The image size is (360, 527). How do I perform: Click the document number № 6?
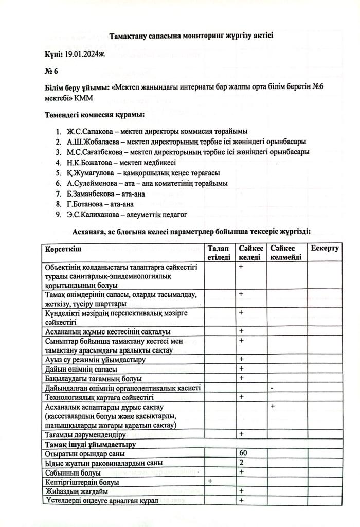[51, 71]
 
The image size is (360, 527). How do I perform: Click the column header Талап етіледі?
[219, 253]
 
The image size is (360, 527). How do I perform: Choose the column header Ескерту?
[325, 249]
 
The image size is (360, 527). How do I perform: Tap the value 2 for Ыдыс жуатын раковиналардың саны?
[241, 463]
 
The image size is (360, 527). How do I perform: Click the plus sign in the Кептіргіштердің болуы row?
[210, 481]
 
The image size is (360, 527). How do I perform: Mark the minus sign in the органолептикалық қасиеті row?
[271, 388]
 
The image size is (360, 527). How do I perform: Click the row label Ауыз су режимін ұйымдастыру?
[95, 359]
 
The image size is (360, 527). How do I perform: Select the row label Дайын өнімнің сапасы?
[81, 369]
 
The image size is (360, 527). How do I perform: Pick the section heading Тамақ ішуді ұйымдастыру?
[90, 444]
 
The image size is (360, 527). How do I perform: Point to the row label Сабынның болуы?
[73, 472]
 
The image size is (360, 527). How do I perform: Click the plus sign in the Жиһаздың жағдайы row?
[241, 490]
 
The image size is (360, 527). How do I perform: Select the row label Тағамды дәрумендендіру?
[85, 434]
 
